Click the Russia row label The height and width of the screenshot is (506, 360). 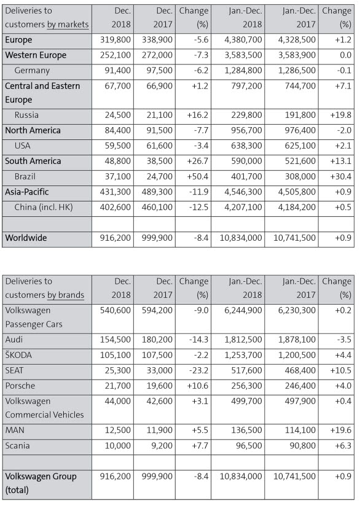pyautogui.click(x=26, y=115)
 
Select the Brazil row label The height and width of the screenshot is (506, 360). pyautogui.click(x=25, y=177)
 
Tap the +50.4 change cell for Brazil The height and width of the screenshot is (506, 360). pyautogui.click(x=198, y=177)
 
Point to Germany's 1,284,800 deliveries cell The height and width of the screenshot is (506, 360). pyautogui.click(x=243, y=71)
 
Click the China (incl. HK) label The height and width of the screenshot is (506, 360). pyautogui.click(x=44, y=207)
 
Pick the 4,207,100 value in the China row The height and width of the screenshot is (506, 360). pyautogui.click(x=243, y=207)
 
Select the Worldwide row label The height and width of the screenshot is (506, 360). pyautogui.click(x=26, y=238)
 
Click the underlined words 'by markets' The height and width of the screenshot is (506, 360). pyautogui.click(x=68, y=25)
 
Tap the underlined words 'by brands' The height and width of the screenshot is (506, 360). pyautogui.click(x=66, y=295)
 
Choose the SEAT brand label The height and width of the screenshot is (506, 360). pyautogui.click(x=14, y=370)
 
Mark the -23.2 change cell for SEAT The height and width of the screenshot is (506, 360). pyautogui.click(x=198, y=370)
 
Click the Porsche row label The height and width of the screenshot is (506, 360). pyautogui.click(x=20, y=386)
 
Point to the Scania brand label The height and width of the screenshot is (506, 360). pyautogui.click(x=17, y=446)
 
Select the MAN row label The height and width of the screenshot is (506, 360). pyautogui.click(x=15, y=430)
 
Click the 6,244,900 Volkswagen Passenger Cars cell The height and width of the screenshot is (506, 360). pyautogui.click(x=243, y=311)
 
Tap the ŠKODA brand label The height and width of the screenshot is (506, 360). pyautogui.click(x=18, y=356)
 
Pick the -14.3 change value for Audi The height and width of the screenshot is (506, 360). pyautogui.click(x=198, y=340)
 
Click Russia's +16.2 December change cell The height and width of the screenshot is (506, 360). pyautogui.click(x=198, y=115)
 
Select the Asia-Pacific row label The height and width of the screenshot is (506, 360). pyautogui.click(x=27, y=192)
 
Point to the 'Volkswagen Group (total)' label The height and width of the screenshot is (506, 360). pyautogui.click(x=41, y=483)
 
